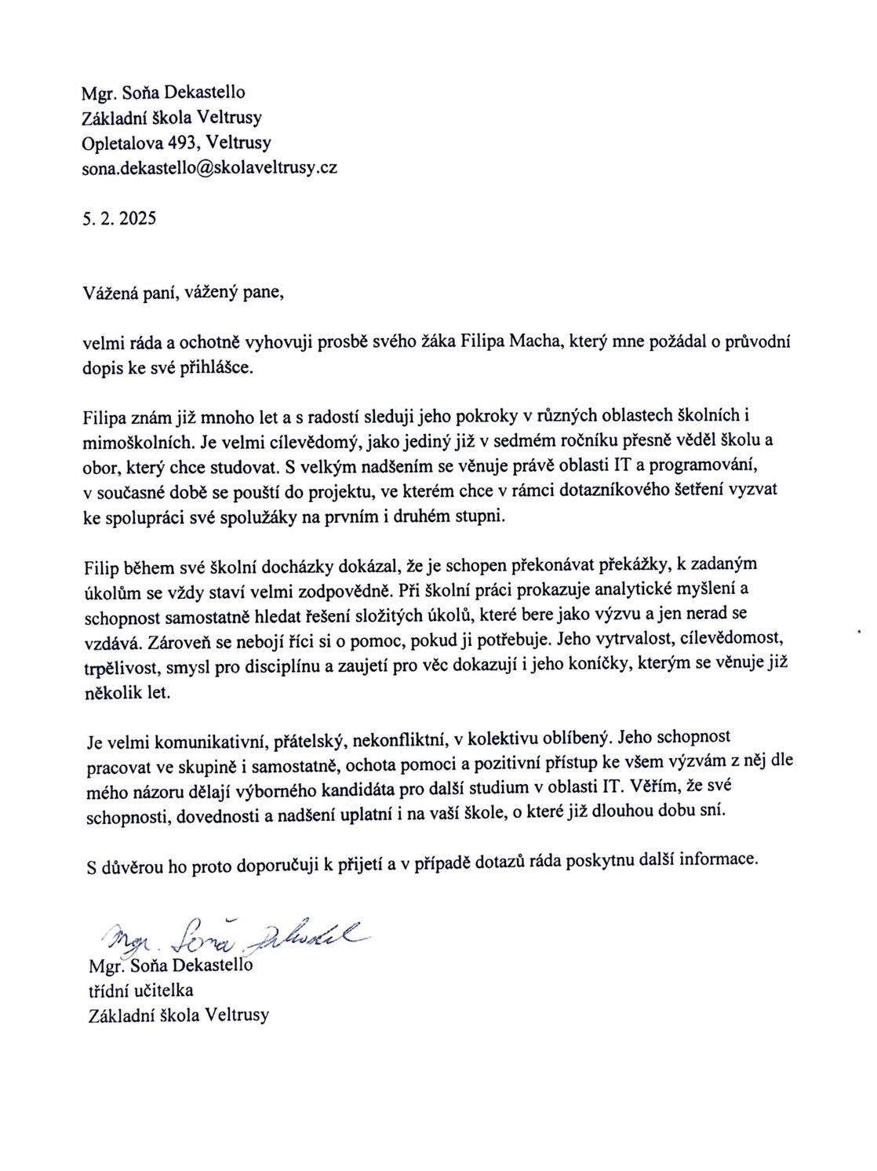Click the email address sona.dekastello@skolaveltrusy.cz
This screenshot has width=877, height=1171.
tap(209, 168)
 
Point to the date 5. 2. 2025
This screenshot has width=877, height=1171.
tap(119, 218)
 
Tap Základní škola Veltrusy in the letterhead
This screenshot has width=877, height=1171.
tap(172, 118)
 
